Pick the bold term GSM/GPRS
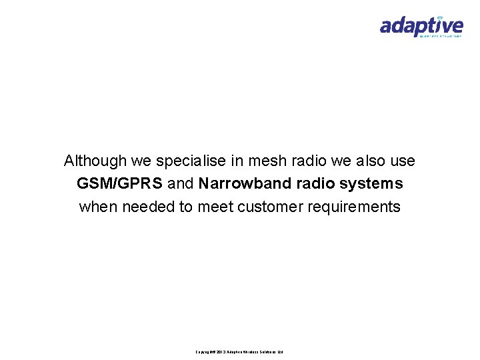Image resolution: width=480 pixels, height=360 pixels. tap(119, 183)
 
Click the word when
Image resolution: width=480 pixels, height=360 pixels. tap(97, 207)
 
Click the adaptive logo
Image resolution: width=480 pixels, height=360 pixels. tap(421, 27)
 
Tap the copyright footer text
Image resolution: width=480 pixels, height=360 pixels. tap(240, 351)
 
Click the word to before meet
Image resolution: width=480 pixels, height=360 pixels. tap(187, 207)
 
